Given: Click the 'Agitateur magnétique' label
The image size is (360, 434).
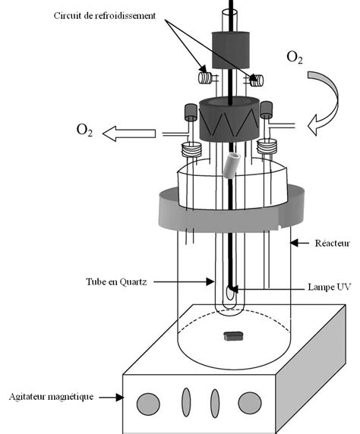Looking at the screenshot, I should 51,395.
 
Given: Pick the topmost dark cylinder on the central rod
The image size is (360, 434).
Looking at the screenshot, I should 229,50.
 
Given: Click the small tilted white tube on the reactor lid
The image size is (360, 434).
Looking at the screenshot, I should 234,163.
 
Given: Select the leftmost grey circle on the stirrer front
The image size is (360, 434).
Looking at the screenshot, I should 145,400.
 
